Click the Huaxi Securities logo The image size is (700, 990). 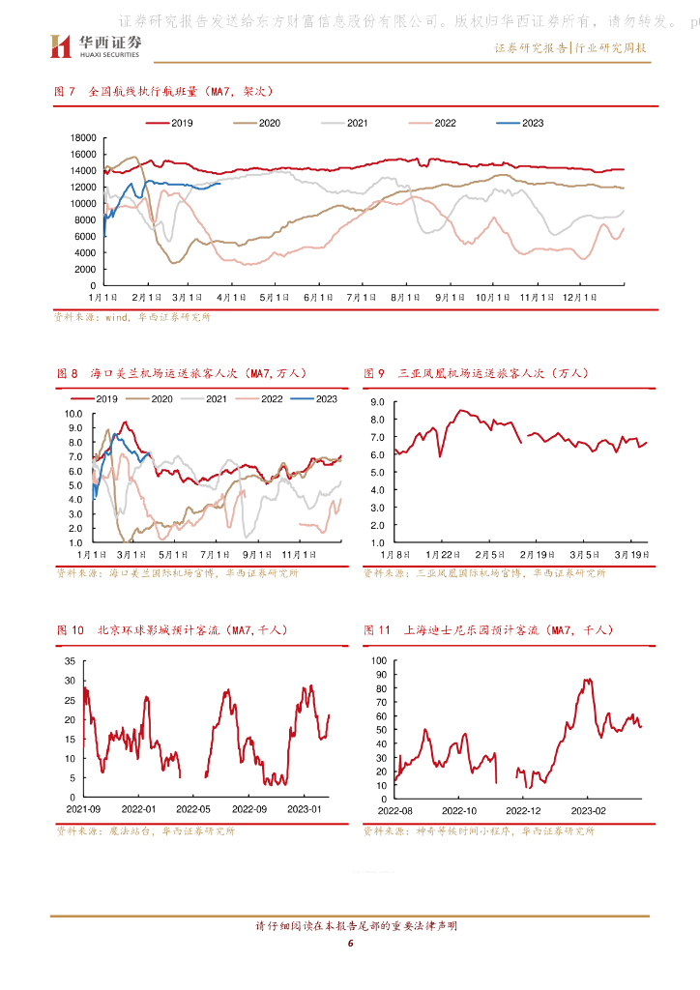tap(97, 44)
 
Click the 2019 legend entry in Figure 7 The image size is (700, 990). tap(170, 123)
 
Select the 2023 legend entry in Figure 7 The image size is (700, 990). tap(519, 123)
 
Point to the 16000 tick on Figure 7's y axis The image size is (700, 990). tap(83, 155)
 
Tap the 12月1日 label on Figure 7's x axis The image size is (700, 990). tap(577, 297)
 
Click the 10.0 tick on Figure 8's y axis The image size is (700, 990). tap(74, 413)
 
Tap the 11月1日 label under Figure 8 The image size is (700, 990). tap(304, 555)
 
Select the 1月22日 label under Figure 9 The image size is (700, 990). tap(441, 555)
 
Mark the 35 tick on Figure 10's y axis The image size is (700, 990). tap(69, 661)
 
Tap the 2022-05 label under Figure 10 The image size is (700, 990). tap(193, 808)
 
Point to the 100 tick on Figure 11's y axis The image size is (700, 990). tap(379, 661)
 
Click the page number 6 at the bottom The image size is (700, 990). tap(351, 943)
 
